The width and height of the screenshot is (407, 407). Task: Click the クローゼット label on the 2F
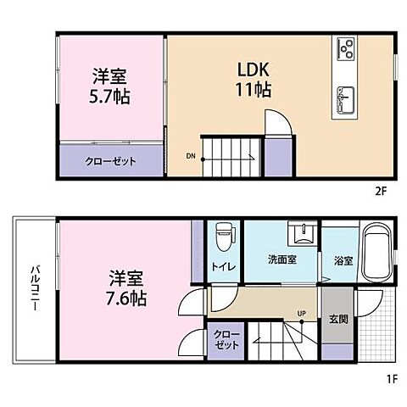pyautogui.click(x=110, y=161)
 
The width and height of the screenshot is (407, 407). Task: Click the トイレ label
pyautogui.click(x=224, y=265)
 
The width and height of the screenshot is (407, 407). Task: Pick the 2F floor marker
pyautogui.click(x=379, y=191)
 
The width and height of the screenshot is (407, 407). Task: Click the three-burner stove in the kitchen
pyautogui.click(x=348, y=48)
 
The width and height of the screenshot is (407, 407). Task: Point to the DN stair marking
pyautogui.click(x=191, y=156)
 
